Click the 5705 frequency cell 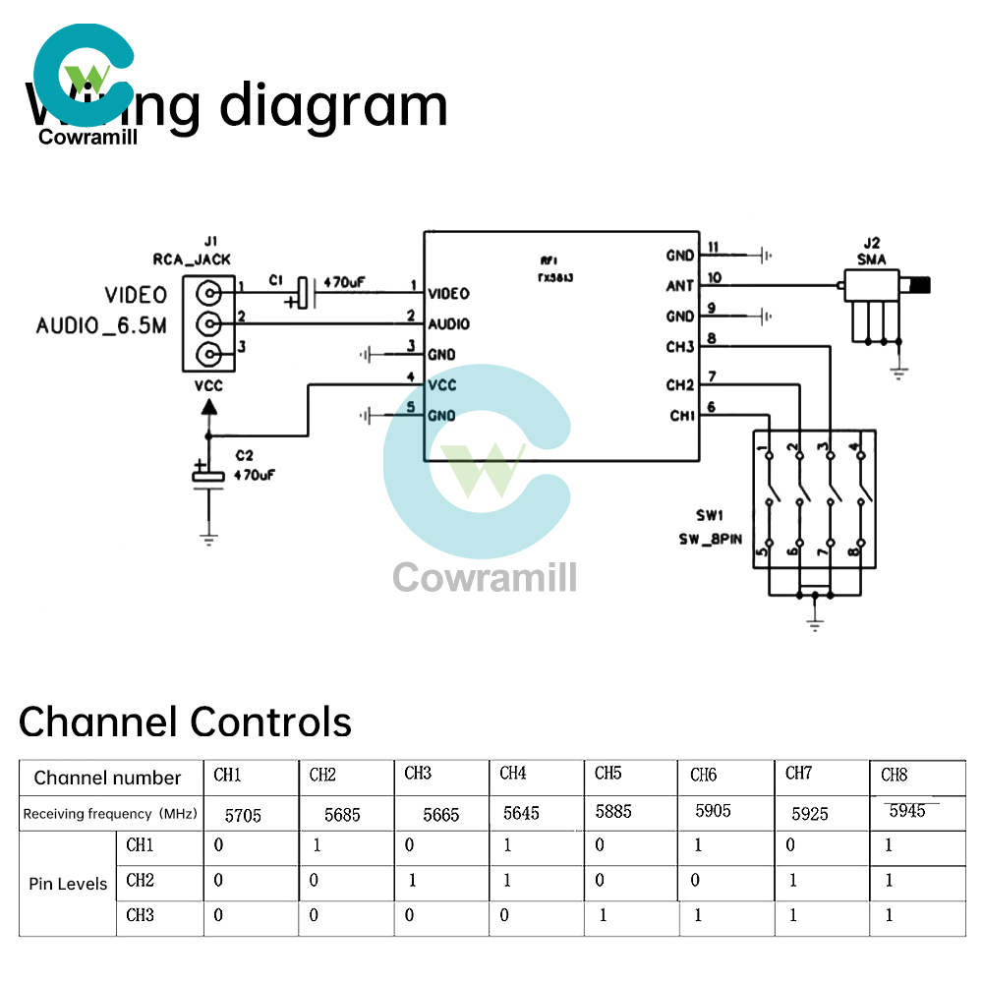pyautogui.click(x=243, y=815)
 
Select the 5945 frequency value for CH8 pyautogui.click(x=906, y=811)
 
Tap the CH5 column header pyautogui.click(x=608, y=774)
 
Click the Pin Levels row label pyautogui.click(x=68, y=884)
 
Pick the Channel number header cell pyautogui.click(x=107, y=779)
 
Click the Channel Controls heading pyautogui.click(x=185, y=723)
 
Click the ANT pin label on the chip pyautogui.click(x=679, y=286)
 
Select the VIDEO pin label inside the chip pyautogui.click(x=448, y=294)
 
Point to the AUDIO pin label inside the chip pyautogui.click(x=448, y=324)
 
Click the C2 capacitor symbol pyautogui.click(x=208, y=476)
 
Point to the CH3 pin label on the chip pyautogui.click(x=679, y=347)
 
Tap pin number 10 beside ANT pyautogui.click(x=714, y=278)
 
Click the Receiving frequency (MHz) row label pyautogui.click(x=110, y=814)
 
